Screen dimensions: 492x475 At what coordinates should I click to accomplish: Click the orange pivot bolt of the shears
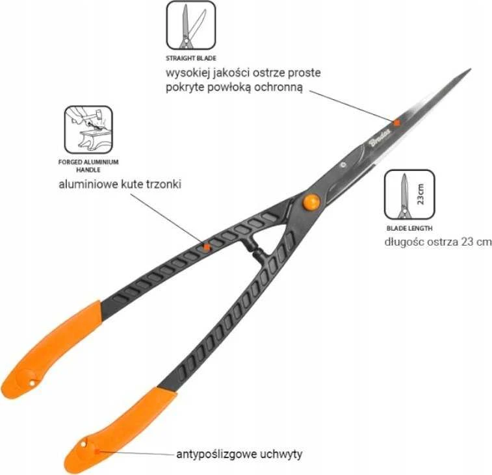[x=311, y=201]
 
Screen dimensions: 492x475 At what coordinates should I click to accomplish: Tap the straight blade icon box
[x=191, y=25]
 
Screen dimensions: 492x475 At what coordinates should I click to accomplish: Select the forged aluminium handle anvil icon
[x=88, y=129]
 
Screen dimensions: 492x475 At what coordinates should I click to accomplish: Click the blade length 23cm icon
[x=409, y=194]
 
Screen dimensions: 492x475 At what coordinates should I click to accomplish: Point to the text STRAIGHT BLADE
[x=191, y=58]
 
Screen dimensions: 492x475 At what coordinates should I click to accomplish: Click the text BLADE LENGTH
[x=409, y=228]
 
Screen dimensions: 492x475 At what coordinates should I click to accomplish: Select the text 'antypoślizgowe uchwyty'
[x=239, y=454]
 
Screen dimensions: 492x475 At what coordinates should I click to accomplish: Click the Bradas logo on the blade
[x=380, y=137]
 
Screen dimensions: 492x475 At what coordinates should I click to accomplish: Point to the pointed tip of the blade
[x=471, y=69]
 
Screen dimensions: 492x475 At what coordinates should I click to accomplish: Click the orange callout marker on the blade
[x=396, y=123]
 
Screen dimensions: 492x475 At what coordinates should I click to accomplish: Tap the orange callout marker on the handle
[x=206, y=247]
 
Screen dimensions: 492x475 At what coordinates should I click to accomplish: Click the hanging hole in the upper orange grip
[x=32, y=383]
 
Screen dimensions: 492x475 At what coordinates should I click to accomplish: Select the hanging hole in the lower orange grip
[x=83, y=444]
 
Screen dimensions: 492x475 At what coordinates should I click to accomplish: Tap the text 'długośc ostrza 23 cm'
[x=438, y=242]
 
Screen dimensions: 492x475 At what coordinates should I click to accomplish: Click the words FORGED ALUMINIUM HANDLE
[x=88, y=166]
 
